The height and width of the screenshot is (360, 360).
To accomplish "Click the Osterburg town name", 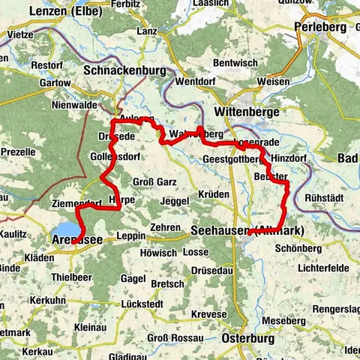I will coord(250,339).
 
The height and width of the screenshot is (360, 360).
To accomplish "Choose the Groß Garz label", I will coord(154,181).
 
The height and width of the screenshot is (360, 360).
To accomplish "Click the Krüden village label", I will coord(214,194).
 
